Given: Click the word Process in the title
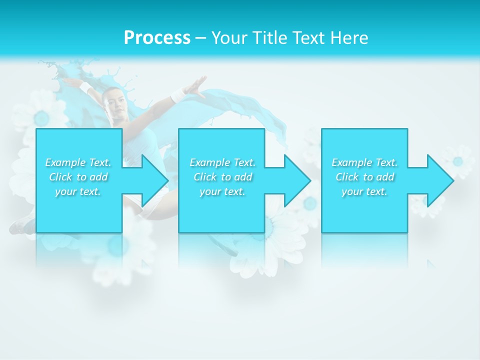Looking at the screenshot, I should tap(157, 38).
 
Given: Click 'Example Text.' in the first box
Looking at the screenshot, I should tap(78, 162).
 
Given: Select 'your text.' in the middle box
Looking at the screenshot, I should tap(222, 191).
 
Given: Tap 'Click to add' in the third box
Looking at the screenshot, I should tap(365, 177).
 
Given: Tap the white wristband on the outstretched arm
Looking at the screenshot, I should tap(178, 94).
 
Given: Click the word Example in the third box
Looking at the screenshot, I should tap(352, 162).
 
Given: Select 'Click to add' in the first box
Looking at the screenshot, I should tap(78, 177).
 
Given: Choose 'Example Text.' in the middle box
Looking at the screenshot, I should tap(222, 162).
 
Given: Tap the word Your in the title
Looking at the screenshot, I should tap(229, 38).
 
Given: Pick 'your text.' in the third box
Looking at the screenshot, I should tap(364, 191).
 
